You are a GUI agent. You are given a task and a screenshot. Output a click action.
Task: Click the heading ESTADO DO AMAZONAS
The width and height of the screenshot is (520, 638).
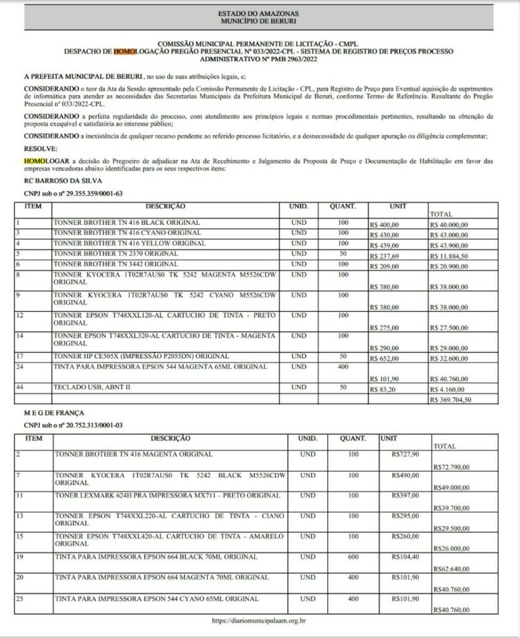pyautogui.click(x=259, y=12)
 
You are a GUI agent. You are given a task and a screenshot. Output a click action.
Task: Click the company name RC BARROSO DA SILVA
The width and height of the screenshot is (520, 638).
pyautogui.click(x=54, y=180)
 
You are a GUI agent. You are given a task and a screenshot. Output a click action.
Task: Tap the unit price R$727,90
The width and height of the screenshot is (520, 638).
pyautogui.click(x=405, y=454)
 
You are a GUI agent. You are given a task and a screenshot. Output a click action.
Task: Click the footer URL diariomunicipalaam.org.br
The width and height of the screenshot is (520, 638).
pyautogui.click(x=259, y=621)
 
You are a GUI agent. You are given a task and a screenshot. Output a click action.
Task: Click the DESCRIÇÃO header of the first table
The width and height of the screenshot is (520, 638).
pyautogui.click(x=165, y=206)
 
